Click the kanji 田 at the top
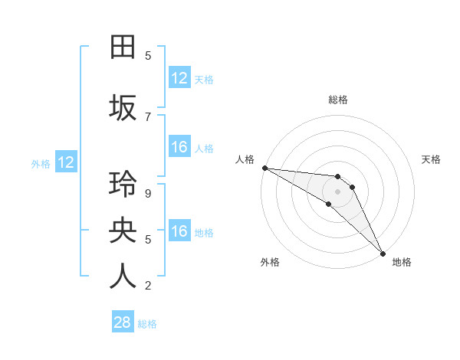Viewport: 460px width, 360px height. click(x=123, y=47)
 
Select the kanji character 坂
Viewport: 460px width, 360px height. click(x=123, y=107)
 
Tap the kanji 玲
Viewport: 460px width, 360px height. click(x=123, y=186)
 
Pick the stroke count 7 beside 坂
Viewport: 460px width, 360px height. click(x=148, y=116)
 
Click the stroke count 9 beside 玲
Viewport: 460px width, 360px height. click(x=148, y=193)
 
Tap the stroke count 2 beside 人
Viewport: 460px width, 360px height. click(x=148, y=286)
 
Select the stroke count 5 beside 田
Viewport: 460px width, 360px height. click(x=148, y=56)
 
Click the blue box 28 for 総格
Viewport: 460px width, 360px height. click(x=122, y=322)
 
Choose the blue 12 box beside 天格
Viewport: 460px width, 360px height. click(x=179, y=78)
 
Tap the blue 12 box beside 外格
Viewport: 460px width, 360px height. click(x=65, y=162)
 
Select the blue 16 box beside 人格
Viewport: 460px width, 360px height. click(x=179, y=147)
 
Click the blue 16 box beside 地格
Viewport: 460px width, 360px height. click(x=179, y=231)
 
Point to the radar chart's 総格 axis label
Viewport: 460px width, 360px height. click(x=338, y=100)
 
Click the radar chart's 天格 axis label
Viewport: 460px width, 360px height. click(x=432, y=159)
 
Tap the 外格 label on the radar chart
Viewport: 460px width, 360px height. click(x=270, y=262)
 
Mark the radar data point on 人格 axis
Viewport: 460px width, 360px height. click(x=264, y=168)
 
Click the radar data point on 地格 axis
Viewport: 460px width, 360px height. click(x=383, y=253)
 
